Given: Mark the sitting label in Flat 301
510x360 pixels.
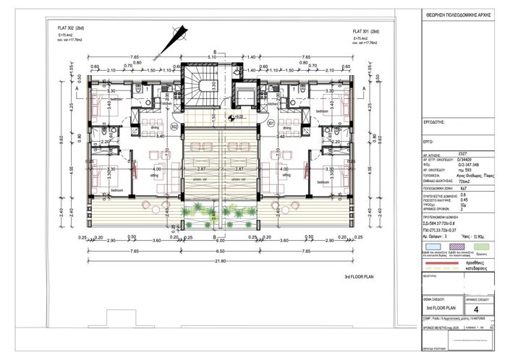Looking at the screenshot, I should [286, 175].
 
